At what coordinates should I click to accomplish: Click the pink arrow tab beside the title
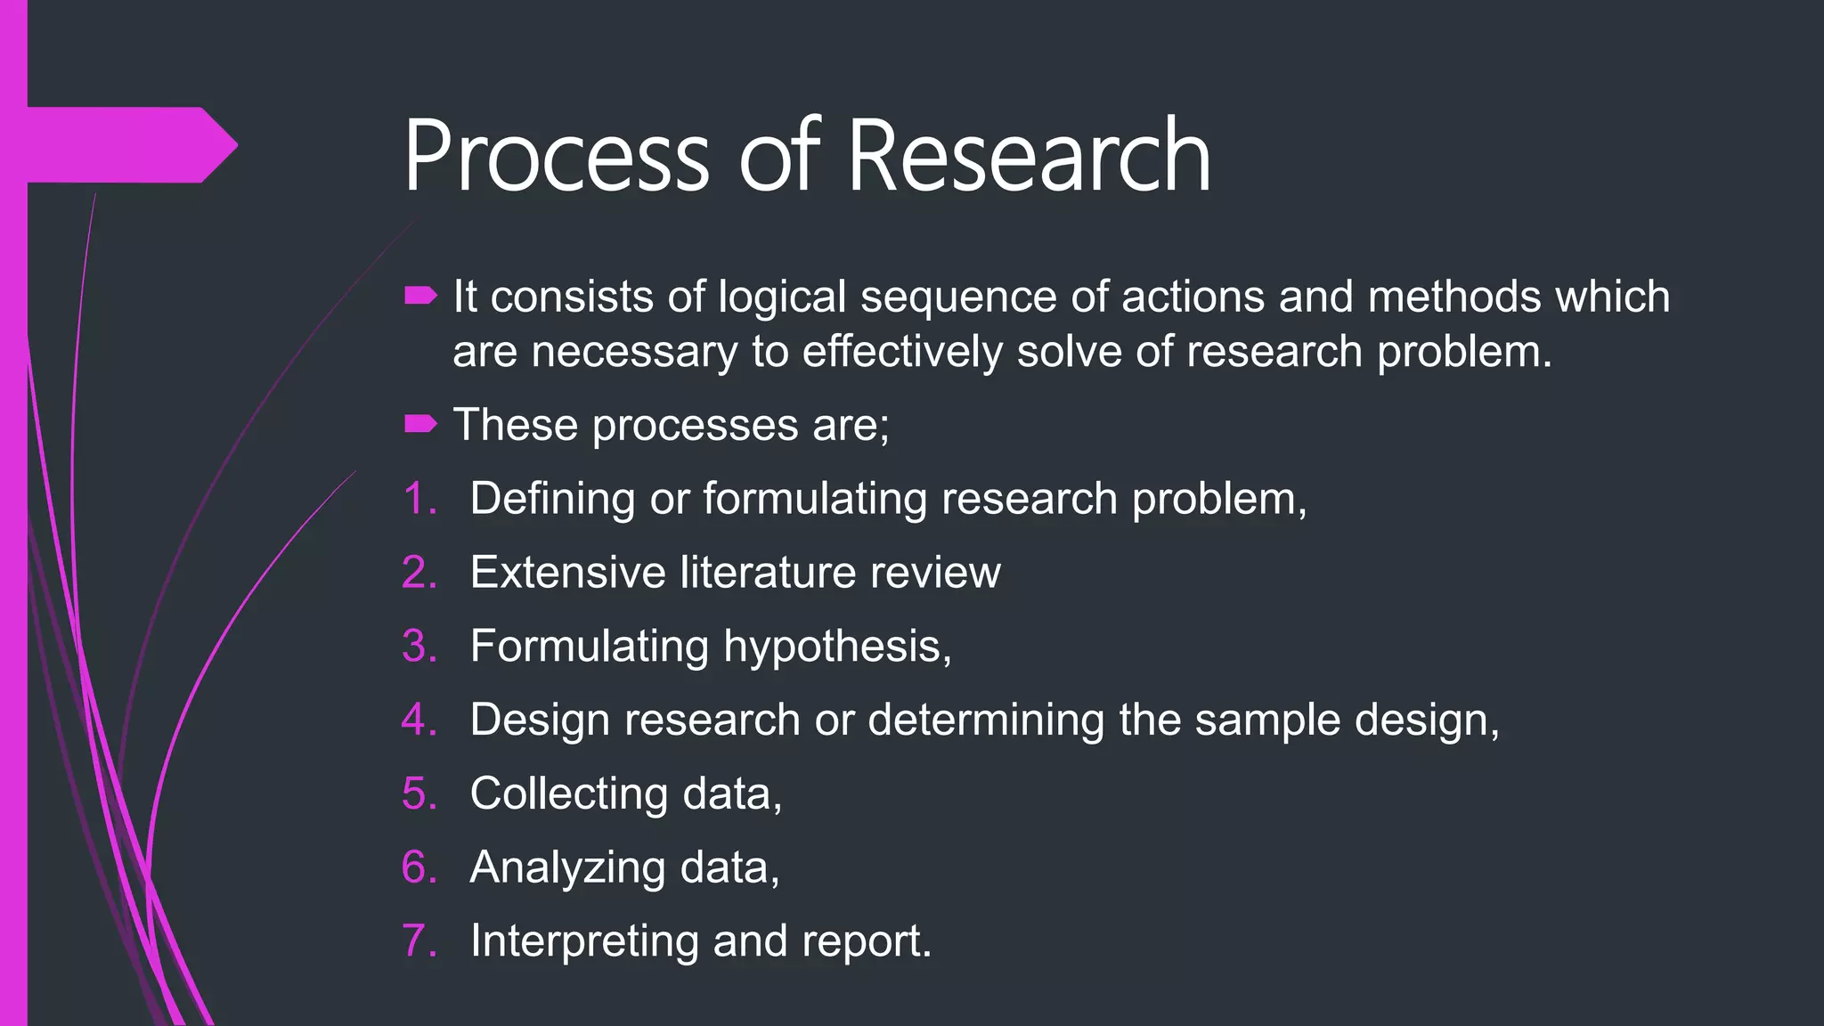point(134,144)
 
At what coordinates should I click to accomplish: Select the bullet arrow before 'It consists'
point(420,296)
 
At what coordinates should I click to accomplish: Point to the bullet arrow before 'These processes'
point(420,424)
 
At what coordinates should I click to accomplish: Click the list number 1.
point(419,499)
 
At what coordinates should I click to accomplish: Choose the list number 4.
point(419,720)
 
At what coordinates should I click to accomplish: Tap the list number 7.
point(419,941)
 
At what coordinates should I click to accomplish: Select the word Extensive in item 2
point(567,572)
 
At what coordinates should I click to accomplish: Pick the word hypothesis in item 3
point(837,647)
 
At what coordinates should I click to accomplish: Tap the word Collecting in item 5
point(568,794)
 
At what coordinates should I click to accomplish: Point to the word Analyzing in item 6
point(567,868)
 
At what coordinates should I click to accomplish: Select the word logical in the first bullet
point(782,297)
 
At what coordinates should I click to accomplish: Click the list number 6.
point(419,867)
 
